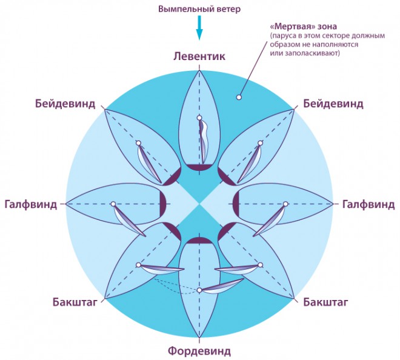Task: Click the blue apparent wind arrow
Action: click(x=199, y=27)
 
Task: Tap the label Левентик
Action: click(x=199, y=56)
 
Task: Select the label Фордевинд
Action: click(x=199, y=351)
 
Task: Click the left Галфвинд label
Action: click(x=31, y=205)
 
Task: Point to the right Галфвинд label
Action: click(x=368, y=205)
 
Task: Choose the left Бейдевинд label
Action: click(x=65, y=104)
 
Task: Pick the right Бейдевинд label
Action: click(x=333, y=104)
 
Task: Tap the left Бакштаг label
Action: click(x=75, y=302)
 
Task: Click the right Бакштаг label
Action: click(x=326, y=302)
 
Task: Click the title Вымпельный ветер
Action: click(x=199, y=9)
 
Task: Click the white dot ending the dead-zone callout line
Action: click(x=239, y=97)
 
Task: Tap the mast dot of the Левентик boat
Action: click(x=199, y=118)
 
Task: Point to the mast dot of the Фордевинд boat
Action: click(x=199, y=290)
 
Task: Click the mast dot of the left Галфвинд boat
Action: click(x=113, y=204)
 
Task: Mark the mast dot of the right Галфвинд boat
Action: click(x=285, y=204)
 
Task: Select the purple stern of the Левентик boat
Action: click(x=199, y=167)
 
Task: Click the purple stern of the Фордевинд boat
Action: click(x=199, y=241)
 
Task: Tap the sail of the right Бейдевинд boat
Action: click(x=249, y=163)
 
